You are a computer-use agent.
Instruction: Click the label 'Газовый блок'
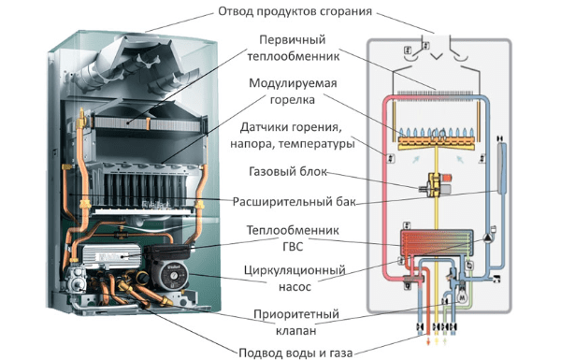(x=288, y=171)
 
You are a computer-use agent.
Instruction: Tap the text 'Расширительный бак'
(x=295, y=202)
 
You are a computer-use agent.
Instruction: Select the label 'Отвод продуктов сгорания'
(x=295, y=11)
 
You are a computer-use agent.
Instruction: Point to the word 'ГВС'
(x=293, y=247)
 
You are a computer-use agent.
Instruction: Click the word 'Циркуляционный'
(x=295, y=270)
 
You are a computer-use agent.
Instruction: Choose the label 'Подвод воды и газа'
(x=295, y=353)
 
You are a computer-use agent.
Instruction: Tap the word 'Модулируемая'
(x=293, y=84)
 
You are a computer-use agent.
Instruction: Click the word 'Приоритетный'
(x=295, y=314)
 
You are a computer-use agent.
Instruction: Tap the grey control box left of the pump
(x=110, y=256)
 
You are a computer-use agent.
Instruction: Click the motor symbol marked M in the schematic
(x=463, y=296)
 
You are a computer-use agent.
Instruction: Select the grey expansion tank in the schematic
(x=501, y=167)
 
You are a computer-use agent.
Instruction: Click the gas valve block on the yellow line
(x=437, y=184)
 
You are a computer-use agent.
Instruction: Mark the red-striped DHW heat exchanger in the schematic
(x=437, y=242)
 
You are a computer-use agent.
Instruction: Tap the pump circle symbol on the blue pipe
(x=488, y=238)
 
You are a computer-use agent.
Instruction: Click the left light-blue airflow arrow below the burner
(x=416, y=159)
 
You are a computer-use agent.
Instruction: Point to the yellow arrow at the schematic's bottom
(x=437, y=341)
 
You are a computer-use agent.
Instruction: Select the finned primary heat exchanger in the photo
(x=148, y=123)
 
